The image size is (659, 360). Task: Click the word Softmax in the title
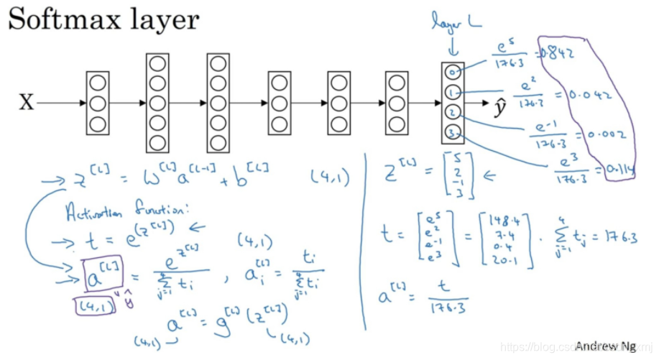coord(61,19)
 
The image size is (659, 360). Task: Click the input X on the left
coord(26,103)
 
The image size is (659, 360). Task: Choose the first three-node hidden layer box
coord(97,103)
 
